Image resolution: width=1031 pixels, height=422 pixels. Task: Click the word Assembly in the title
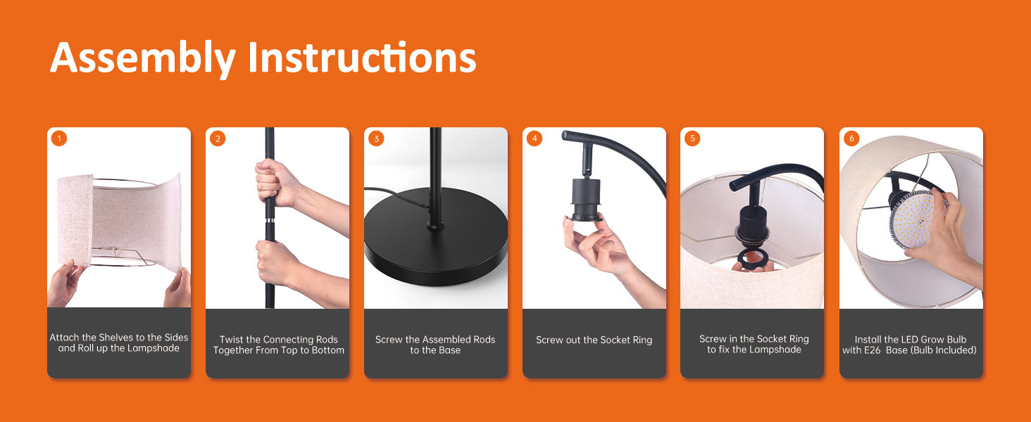pyautogui.click(x=143, y=59)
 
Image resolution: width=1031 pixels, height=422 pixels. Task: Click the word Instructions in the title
pyautogui.click(x=362, y=58)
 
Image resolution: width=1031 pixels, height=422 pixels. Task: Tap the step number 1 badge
pyautogui.click(x=59, y=139)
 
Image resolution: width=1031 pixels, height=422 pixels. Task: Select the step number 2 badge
pyautogui.click(x=218, y=139)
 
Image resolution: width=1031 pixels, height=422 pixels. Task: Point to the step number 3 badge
pyautogui.click(x=376, y=139)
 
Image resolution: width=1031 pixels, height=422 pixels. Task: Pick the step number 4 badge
pyautogui.click(x=535, y=139)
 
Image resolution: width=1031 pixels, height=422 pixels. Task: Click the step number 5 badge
pyautogui.click(x=692, y=139)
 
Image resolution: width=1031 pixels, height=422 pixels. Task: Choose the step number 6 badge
pyautogui.click(x=851, y=139)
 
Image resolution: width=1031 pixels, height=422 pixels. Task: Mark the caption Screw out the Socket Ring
pyautogui.click(x=594, y=340)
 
